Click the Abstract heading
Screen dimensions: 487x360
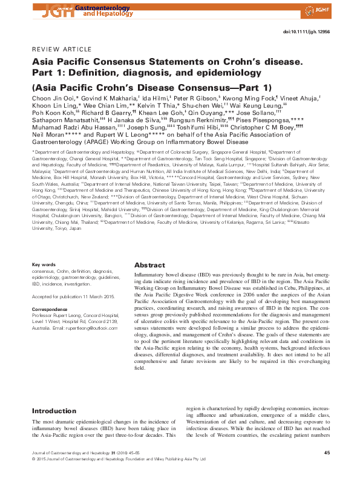[149, 265]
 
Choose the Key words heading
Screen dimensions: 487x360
[44, 265]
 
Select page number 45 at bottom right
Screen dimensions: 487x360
[326, 452]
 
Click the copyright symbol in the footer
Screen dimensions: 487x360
[33, 459]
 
